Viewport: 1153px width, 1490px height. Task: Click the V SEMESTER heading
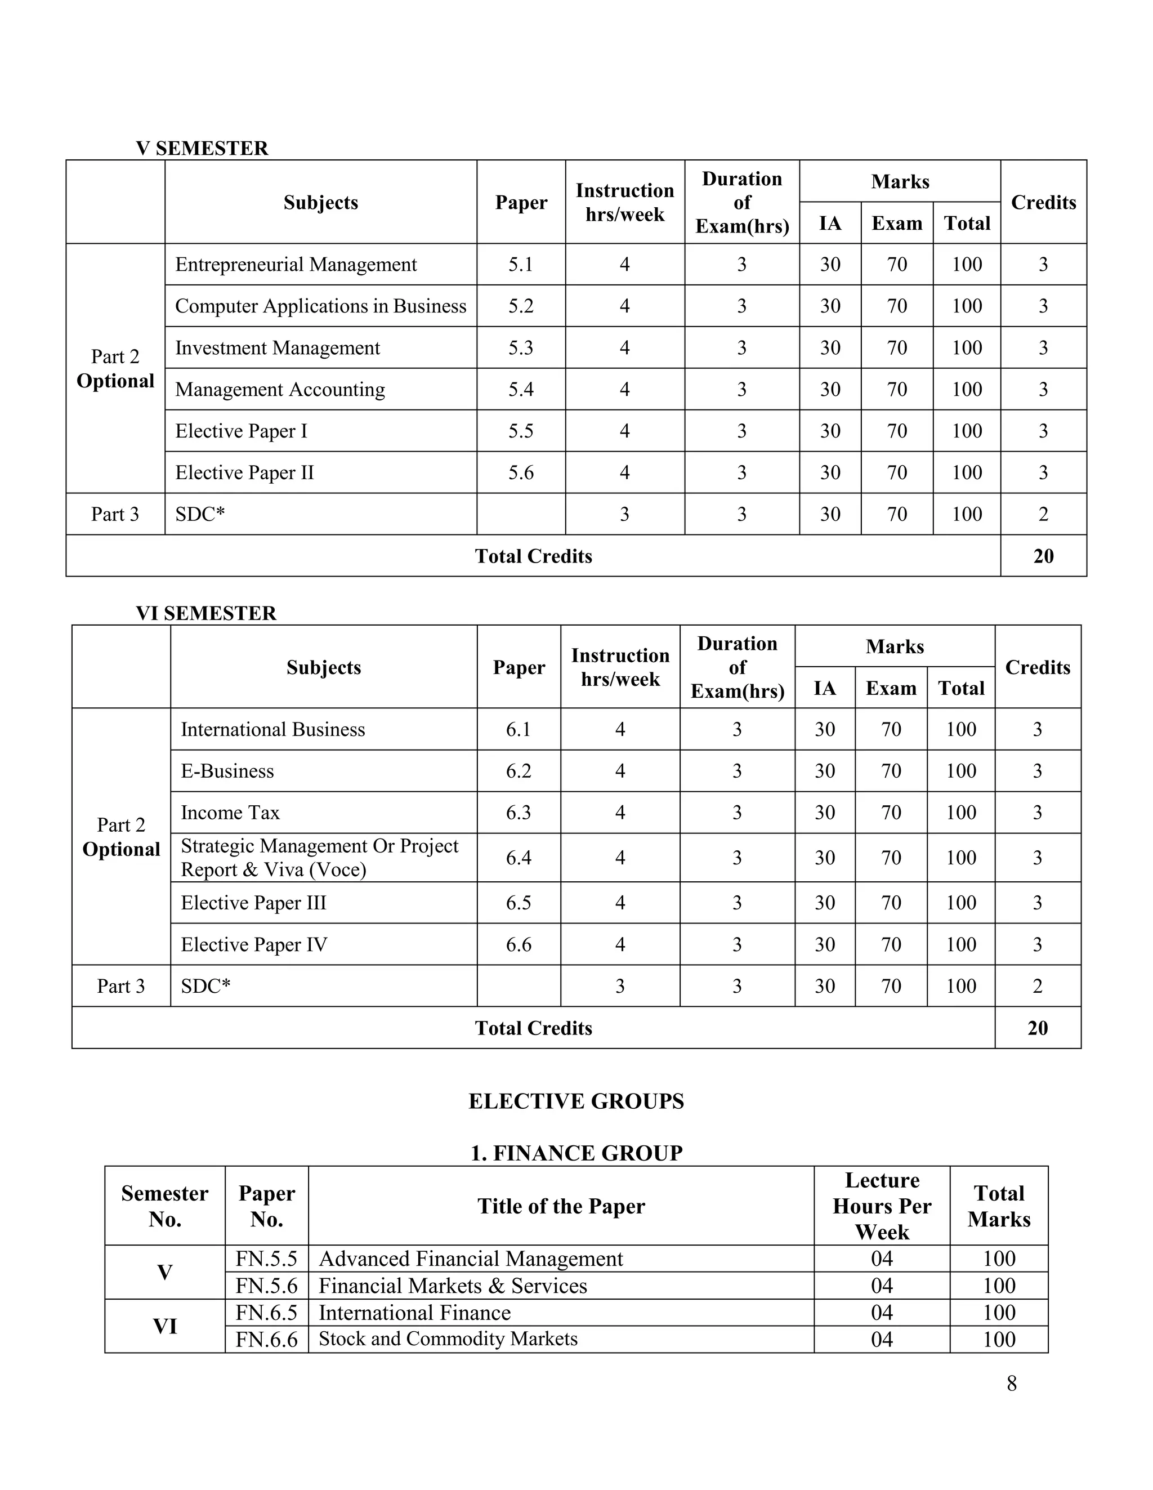202,148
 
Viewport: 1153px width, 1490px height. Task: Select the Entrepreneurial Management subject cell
296,265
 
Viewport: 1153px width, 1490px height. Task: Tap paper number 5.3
521,348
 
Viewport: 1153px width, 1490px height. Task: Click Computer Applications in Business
321,306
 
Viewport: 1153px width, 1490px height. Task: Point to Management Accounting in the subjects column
280,390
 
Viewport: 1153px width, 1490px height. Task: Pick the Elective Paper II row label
244,473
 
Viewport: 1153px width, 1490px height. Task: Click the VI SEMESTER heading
206,613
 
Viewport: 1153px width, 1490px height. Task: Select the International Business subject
273,729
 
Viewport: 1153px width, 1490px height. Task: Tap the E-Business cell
227,771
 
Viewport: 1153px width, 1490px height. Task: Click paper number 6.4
519,858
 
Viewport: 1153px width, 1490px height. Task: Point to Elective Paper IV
254,944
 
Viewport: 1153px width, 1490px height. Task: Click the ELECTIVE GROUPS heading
576,1101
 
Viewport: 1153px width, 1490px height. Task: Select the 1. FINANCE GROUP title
576,1153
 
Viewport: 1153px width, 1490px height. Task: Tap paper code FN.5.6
266,1286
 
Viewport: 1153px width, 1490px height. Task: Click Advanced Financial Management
471,1259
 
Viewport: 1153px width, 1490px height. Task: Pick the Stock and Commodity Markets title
448,1339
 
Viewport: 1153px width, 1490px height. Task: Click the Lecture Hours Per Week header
882,1206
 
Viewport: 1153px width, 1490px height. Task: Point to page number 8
1011,1383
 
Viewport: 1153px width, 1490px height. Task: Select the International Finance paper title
414,1313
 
